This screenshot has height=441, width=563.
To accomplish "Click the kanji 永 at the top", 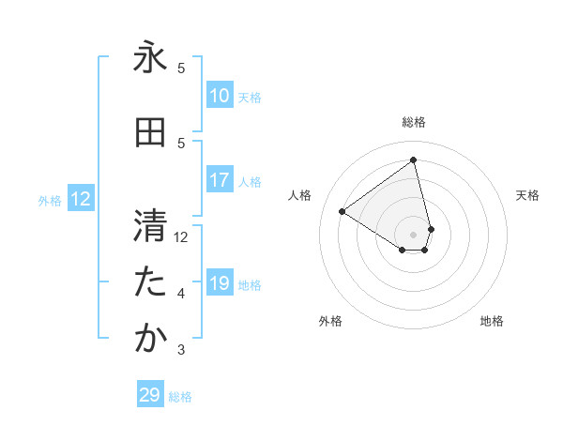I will pos(150,58).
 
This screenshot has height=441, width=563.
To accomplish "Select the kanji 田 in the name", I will pos(150,133).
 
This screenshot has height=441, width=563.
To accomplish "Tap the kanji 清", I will pos(150,226).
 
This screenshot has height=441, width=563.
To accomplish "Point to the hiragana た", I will pos(150,282).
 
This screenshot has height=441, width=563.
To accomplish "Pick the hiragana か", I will pos(150,339).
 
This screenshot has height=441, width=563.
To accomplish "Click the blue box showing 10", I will pos(220,96).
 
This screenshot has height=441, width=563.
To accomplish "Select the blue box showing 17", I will pos(220,180).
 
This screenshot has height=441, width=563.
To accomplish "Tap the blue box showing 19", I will pos(220,283).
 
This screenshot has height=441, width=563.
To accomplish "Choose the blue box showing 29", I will pos(150,395).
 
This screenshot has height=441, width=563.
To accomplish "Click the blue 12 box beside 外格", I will pos(81,199).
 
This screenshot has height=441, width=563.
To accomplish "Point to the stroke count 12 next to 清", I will pos(181,237).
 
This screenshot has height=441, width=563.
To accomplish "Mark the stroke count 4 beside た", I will pos(181,294).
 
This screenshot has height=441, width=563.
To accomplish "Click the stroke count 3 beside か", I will pos(181,350).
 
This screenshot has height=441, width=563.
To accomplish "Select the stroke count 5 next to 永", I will pos(181,68).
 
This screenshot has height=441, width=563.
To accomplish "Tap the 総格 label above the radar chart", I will pos(414,122).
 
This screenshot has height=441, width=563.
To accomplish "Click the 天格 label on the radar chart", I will pos(527,195).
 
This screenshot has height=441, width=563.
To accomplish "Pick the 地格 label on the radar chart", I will pos(492,321).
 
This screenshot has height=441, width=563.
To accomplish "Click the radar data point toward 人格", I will pos(342,211).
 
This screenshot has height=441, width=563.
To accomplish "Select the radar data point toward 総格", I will pos(414,160).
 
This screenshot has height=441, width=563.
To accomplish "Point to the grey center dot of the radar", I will pos(414,234).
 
